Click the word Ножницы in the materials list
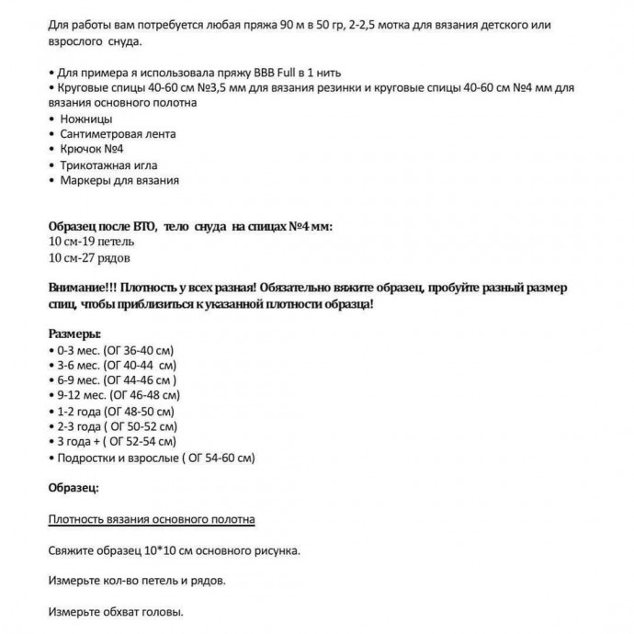tap(86, 119)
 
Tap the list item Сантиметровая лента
tap(118, 134)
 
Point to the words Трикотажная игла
tap(109, 165)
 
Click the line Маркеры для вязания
tap(119, 181)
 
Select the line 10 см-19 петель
tap(90, 242)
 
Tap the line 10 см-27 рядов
tap(89, 257)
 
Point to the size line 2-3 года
tap(114, 425)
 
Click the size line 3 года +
tap(116, 441)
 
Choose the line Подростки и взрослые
tap(151, 457)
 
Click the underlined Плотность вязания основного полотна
tap(151, 519)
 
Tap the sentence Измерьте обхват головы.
tap(115, 612)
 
